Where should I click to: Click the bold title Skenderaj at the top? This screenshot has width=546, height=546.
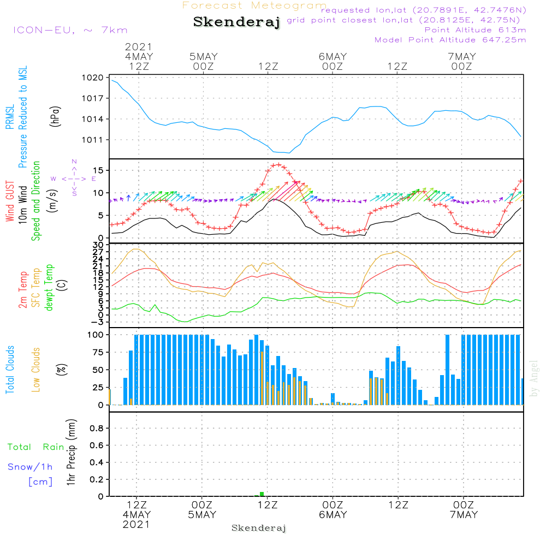click(x=236, y=22)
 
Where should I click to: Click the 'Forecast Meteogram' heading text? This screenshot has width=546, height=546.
click(x=254, y=5)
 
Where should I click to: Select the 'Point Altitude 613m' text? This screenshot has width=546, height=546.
click(x=475, y=29)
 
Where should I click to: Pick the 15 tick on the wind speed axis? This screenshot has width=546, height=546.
click(x=98, y=170)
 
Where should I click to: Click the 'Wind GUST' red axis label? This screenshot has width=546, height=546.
click(x=10, y=202)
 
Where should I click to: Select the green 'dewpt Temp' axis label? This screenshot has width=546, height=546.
click(x=49, y=288)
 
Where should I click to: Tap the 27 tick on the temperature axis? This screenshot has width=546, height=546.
click(x=98, y=252)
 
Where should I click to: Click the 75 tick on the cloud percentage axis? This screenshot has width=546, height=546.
click(x=97, y=352)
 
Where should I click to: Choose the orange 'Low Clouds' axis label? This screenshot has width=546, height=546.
click(x=37, y=369)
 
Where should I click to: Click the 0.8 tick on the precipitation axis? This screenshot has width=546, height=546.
click(x=97, y=428)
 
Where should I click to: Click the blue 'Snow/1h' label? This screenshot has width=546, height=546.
click(x=31, y=467)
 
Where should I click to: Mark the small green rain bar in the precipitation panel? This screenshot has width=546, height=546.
click(x=262, y=494)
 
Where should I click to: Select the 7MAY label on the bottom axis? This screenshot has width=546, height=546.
click(x=464, y=515)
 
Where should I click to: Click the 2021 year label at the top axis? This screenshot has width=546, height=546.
click(x=139, y=46)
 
